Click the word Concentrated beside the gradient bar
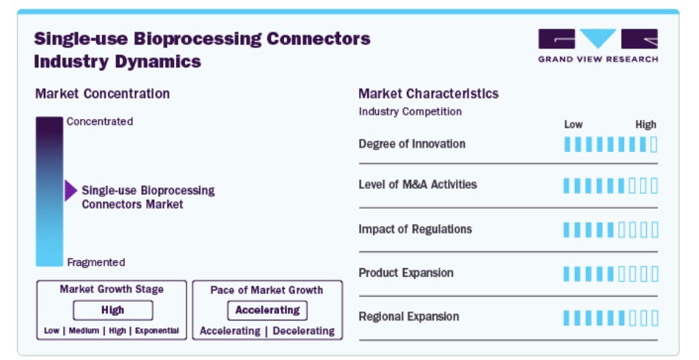pyautogui.click(x=100, y=121)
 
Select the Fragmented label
pyautogui.click(x=96, y=262)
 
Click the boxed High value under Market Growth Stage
pyautogui.click(x=113, y=310)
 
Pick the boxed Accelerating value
pyautogui.click(x=267, y=310)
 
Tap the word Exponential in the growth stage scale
pyautogui.click(x=157, y=331)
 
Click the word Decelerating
pyautogui.click(x=303, y=331)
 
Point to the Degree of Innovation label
pyautogui.click(x=412, y=144)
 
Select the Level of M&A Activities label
pyautogui.click(x=418, y=184)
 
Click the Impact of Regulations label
pyautogui.click(x=415, y=229)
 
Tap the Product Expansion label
pyautogui.click(x=405, y=273)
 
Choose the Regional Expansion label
pyautogui.click(x=409, y=317)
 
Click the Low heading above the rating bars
pyautogui.click(x=573, y=124)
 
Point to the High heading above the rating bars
pyautogui.click(x=646, y=125)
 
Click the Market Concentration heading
pyautogui.click(x=103, y=94)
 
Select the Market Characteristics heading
pyautogui.click(x=428, y=94)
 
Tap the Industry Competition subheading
pyautogui.click(x=410, y=112)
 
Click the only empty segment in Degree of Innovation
pyautogui.click(x=654, y=145)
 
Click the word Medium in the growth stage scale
pyautogui.click(x=84, y=331)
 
